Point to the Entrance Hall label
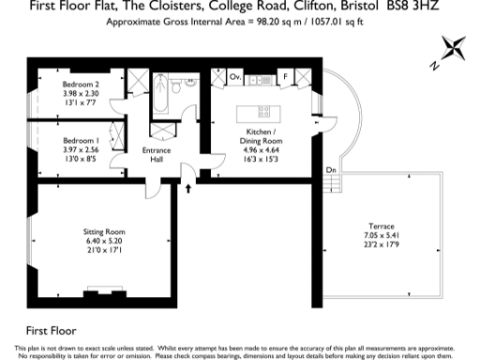pos(154,155)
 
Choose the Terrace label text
pos(381,226)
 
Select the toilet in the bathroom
pos(190,82)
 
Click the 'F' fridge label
pos(284,77)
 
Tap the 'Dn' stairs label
pos(331,169)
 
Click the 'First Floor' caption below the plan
pos(51,331)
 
